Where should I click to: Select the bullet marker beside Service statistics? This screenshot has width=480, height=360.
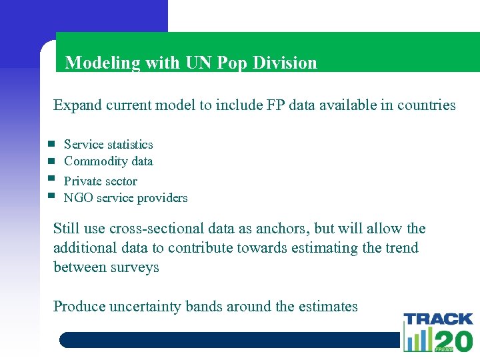tap(51, 144)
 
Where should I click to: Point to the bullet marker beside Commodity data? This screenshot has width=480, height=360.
tap(51, 161)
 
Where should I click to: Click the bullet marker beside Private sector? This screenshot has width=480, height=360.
tap(51, 179)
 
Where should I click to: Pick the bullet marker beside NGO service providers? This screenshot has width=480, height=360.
tap(51, 195)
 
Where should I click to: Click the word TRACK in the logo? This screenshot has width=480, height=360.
tap(438, 319)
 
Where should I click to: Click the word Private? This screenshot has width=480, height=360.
tap(82, 181)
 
